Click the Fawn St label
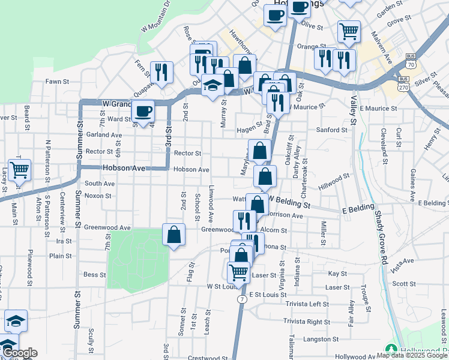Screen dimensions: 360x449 click(x=58, y=81)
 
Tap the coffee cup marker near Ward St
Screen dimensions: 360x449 click(x=143, y=111)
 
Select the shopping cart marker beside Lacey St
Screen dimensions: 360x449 click(x=19, y=170)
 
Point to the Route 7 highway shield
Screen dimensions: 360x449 click(x=240, y=299)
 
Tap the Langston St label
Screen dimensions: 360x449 click(x=334, y=339)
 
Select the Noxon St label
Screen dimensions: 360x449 click(x=98, y=196)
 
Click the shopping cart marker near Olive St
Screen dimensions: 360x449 click(x=349, y=31)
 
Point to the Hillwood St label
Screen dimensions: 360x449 click(x=334, y=182)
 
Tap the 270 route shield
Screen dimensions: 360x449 click(x=404, y=86)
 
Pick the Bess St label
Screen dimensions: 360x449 click(x=94, y=275)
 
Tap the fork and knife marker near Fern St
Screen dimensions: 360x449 click(x=161, y=73)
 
